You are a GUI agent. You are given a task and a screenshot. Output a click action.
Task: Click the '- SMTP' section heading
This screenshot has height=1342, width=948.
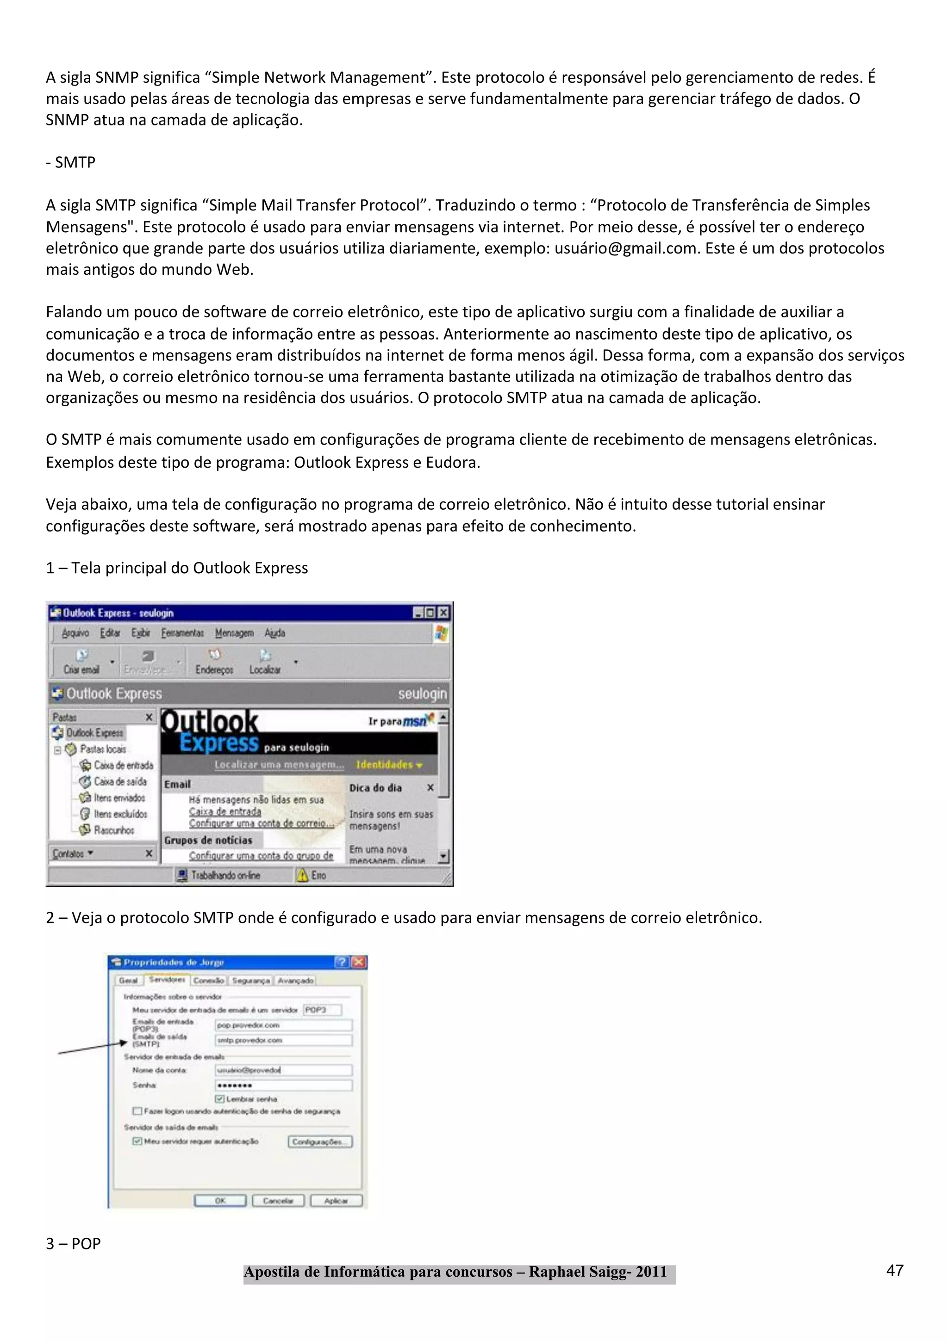pyautogui.click(x=70, y=162)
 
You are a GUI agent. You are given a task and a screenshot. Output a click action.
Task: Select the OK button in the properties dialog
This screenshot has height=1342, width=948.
pyautogui.click(x=220, y=1200)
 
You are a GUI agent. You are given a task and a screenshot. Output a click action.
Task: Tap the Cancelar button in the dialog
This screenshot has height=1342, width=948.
pyautogui.click(x=278, y=1200)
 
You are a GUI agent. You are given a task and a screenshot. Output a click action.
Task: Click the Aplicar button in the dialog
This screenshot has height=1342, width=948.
pyautogui.click(x=336, y=1200)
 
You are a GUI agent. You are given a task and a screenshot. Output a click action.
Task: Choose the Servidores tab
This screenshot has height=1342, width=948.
pyautogui.click(x=167, y=980)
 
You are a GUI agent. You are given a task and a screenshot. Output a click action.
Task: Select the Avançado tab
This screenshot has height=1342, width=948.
pyautogui.click(x=295, y=980)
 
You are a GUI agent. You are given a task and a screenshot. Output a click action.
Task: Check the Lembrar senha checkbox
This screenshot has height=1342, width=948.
pyautogui.click(x=220, y=1099)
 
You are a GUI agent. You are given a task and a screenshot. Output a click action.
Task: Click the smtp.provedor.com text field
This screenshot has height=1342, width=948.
pyautogui.click(x=284, y=1040)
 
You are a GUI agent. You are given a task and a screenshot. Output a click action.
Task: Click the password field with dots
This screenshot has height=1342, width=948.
pyautogui.click(x=284, y=1085)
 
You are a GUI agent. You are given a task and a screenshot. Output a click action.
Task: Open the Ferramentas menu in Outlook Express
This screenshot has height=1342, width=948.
pyautogui.click(x=182, y=633)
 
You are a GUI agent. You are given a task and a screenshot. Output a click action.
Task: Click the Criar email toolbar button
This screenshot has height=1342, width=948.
pyautogui.click(x=81, y=662)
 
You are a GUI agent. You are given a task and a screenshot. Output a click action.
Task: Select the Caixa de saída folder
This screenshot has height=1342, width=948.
pyautogui.click(x=119, y=781)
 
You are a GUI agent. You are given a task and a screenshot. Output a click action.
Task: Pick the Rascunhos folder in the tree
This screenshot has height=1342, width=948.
pyautogui.click(x=113, y=830)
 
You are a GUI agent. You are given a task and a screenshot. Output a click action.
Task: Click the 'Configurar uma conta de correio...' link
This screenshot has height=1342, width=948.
pyautogui.click(x=261, y=823)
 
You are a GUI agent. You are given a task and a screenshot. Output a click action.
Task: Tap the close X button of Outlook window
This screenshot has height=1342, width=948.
pyautogui.click(x=444, y=612)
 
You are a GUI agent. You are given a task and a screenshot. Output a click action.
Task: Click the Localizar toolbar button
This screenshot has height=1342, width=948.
pyautogui.click(x=265, y=662)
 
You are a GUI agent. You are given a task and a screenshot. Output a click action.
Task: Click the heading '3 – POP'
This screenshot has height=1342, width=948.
pyautogui.click(x=73, y=1243)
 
